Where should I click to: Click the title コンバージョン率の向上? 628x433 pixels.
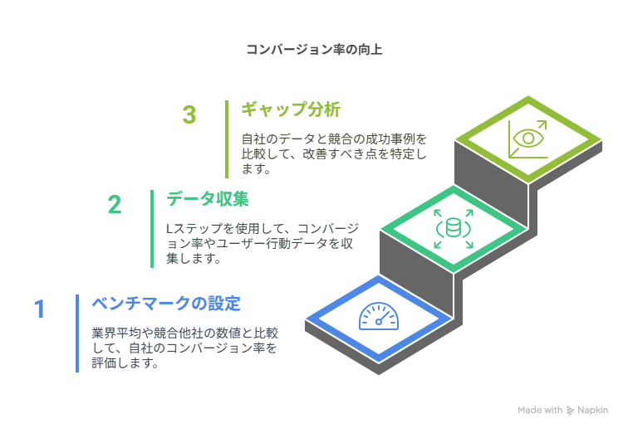tap(314, 50)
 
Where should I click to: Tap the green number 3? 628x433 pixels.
tap(189, 114)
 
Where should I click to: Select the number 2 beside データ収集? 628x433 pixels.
tap(115, 204)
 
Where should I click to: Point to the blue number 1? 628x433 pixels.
tap(39, 309)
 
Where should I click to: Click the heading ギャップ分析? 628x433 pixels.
tap(291, 109)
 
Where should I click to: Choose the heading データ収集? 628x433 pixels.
tap(208, 199)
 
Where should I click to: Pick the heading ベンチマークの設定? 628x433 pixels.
tap(166, 304)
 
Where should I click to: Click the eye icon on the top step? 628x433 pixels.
tap(528, 139)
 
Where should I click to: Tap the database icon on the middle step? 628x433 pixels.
tap(454, 228)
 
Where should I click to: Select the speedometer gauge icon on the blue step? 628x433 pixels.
tap(379, 316)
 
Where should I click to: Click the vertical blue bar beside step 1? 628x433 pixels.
tap(77, 333)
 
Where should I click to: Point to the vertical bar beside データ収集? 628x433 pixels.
tap(152, 229)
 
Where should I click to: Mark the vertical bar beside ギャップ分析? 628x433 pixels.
tap(227, 139)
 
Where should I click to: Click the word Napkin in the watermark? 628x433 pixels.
tap(593, 411)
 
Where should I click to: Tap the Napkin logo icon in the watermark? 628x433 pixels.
tap(571, 411)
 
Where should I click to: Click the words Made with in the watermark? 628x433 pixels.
tap(540, 411)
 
